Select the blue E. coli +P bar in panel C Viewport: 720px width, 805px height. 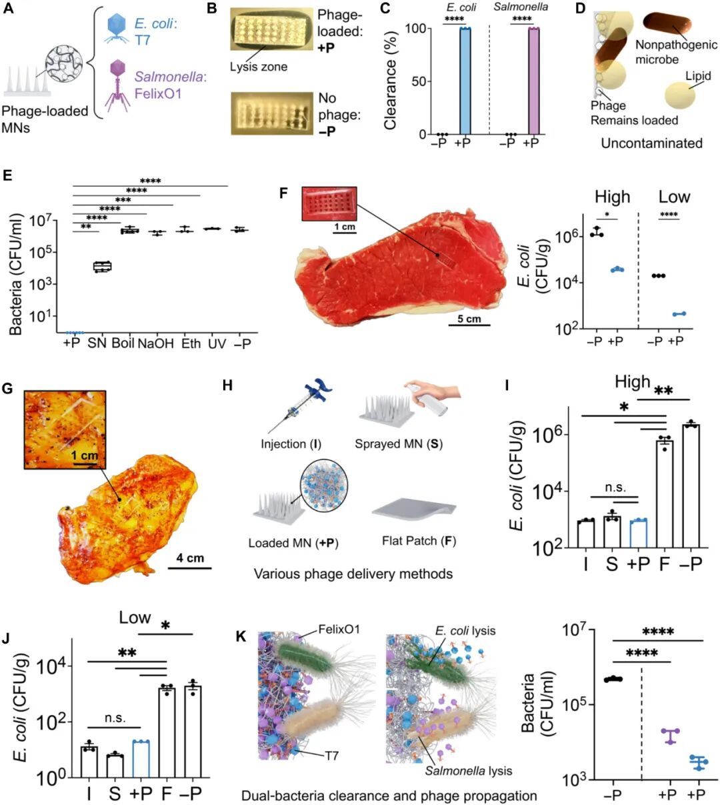465,81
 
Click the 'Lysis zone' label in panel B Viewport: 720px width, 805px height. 259,67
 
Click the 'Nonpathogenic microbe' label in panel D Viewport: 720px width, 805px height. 676,52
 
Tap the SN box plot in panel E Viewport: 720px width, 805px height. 102,267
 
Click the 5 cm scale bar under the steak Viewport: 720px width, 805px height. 469,325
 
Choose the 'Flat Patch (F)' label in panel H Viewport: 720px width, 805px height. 419,541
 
